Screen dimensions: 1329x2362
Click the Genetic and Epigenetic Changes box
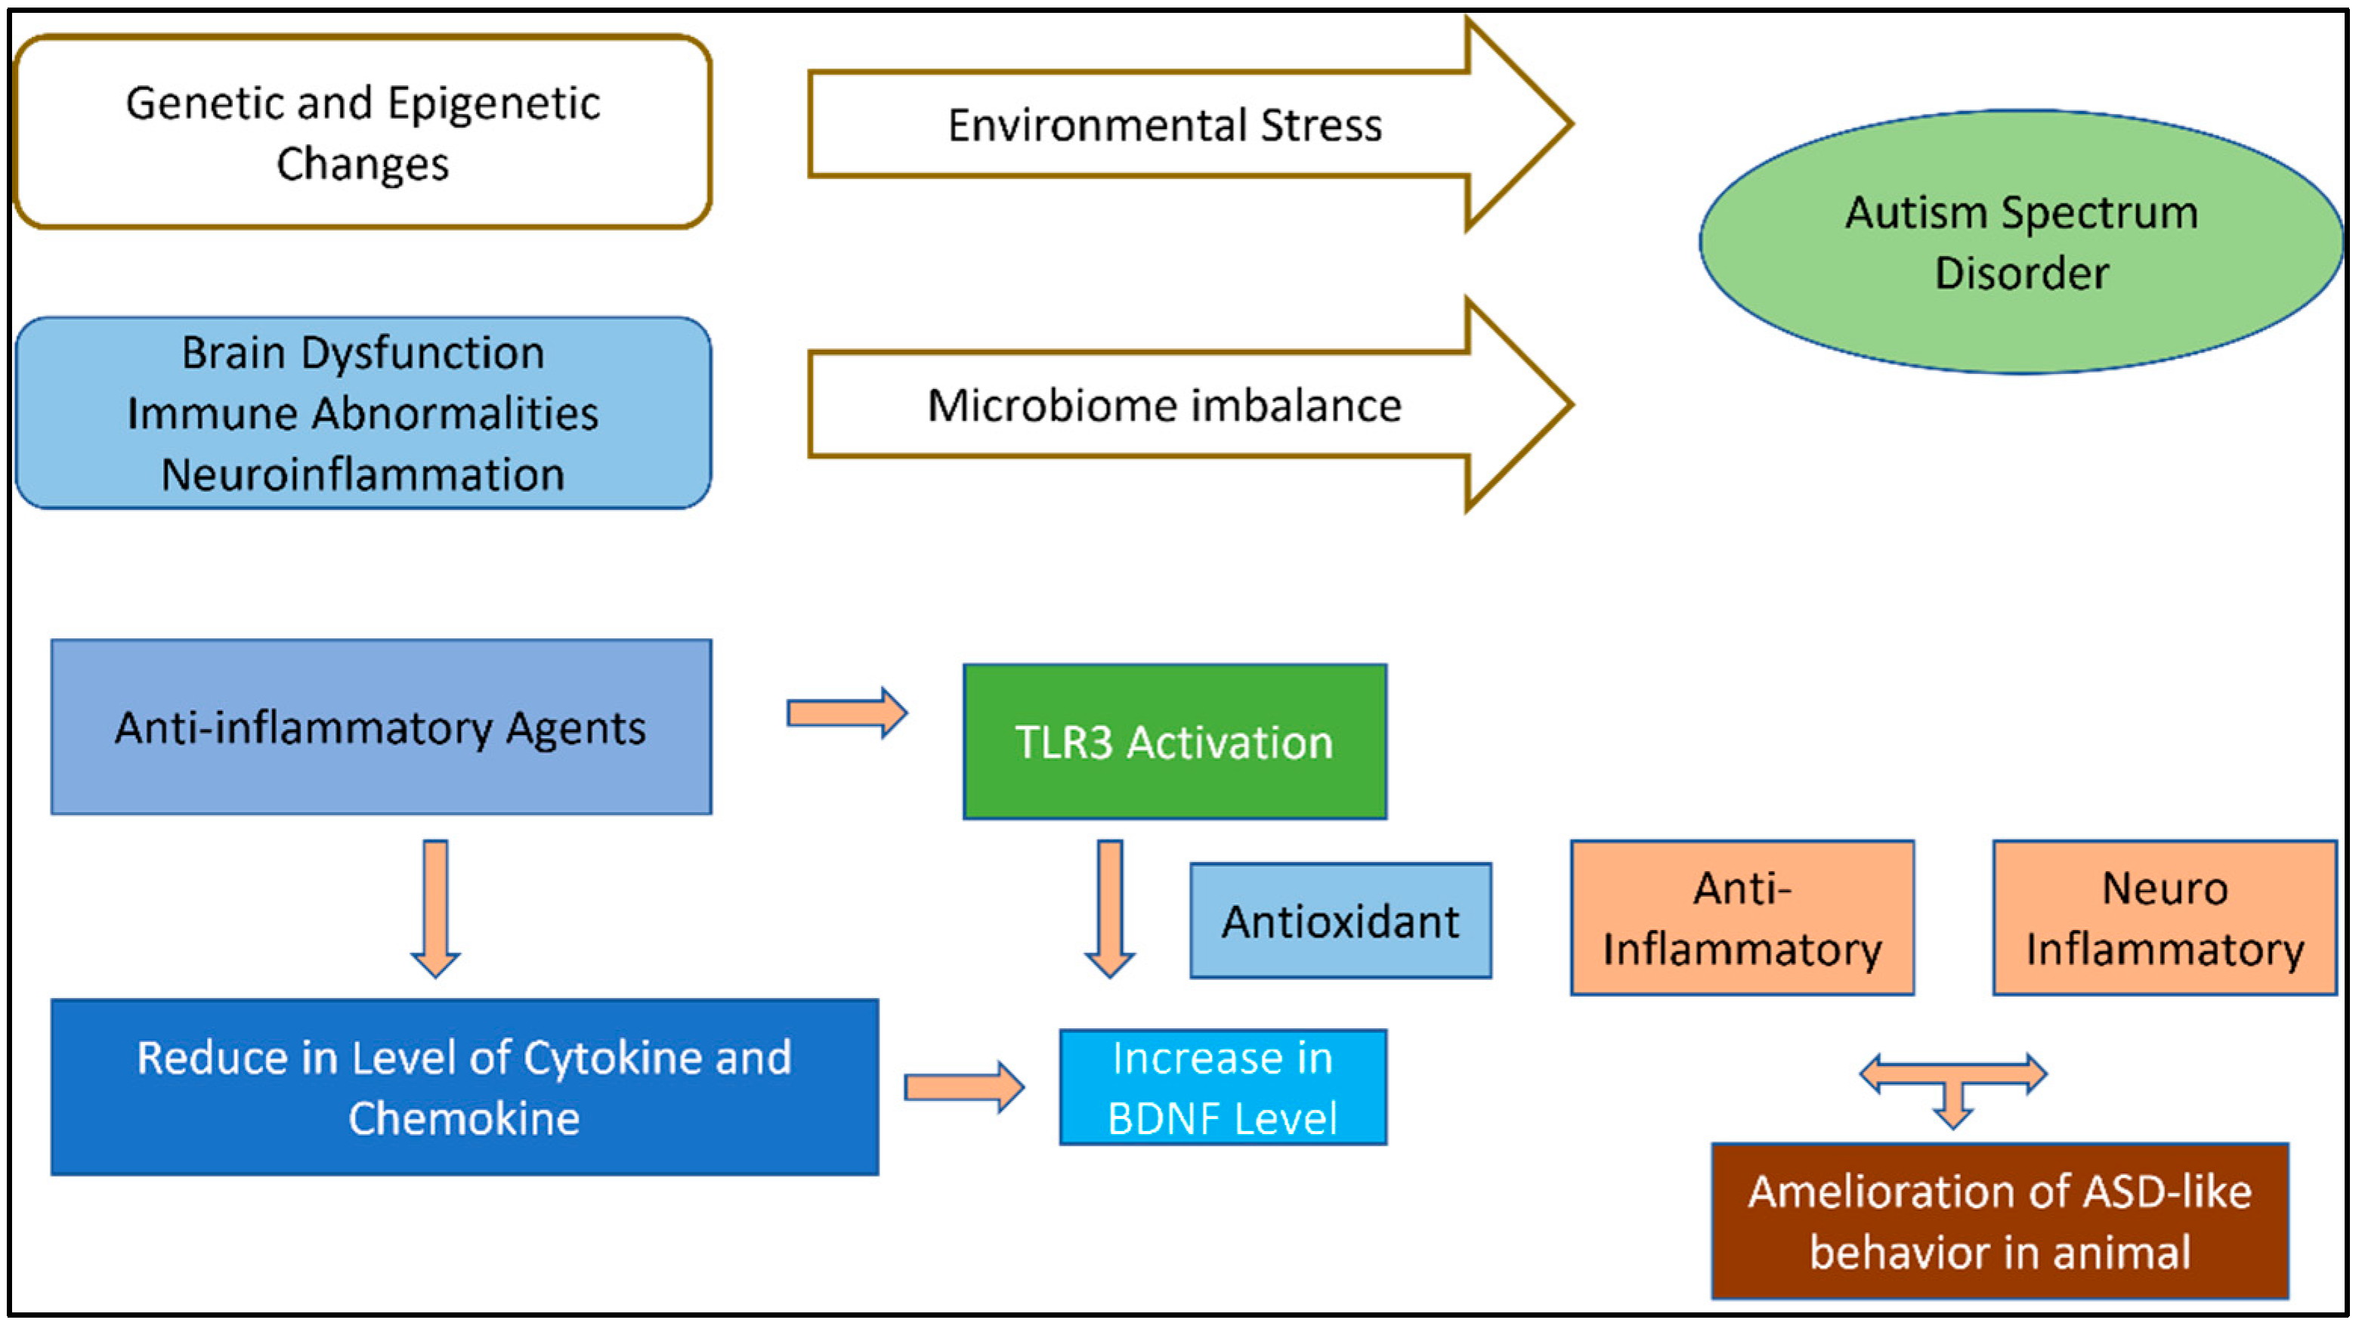[362, 132]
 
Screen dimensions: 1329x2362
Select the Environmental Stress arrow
[1164, 125]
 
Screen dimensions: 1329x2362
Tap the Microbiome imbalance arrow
[1164, 405]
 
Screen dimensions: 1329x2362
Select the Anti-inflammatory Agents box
[381, 728]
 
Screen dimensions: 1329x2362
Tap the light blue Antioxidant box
[1340, 921]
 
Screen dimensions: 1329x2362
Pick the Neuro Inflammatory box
[2164, 917]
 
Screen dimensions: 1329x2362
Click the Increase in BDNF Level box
[1223, 1087]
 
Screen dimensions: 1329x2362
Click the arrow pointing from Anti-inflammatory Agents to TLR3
[846, 713]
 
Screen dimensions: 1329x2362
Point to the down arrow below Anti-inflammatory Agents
[435, 907]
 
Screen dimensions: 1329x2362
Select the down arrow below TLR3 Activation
[1109, 907]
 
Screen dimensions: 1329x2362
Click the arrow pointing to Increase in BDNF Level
[963, 1087]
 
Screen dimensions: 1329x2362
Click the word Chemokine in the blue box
[464, 1118]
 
